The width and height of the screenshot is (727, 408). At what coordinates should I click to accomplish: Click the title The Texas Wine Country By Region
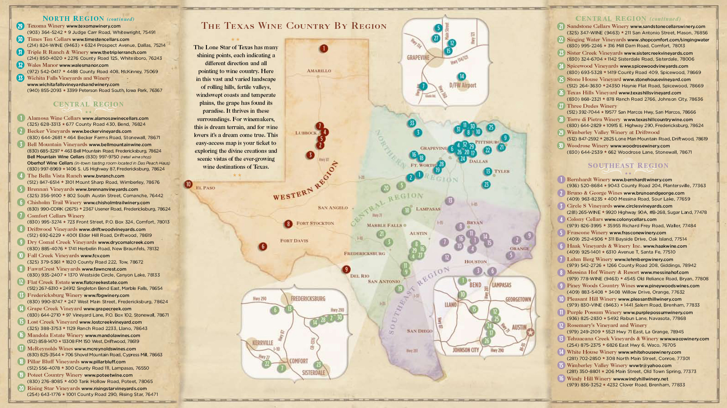294,26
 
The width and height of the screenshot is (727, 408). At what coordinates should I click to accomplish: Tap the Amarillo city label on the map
319,71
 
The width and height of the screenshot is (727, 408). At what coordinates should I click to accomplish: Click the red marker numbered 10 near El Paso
189,184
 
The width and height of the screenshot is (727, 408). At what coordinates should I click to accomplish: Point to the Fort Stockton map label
315,223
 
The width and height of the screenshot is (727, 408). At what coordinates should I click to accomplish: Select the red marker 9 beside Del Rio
346,269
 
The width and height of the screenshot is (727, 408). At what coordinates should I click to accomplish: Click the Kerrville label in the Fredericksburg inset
263,343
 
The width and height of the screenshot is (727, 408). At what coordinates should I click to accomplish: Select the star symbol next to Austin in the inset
530,332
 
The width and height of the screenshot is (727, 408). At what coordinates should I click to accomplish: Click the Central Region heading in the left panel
88,104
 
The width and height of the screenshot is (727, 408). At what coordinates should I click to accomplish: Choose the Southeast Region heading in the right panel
628,165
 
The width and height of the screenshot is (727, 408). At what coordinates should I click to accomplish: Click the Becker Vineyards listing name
49,131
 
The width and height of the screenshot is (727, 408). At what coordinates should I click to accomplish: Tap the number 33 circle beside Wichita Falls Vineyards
20,78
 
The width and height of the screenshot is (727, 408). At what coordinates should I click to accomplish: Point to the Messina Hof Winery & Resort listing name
603,272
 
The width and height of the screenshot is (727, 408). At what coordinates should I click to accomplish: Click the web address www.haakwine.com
665,246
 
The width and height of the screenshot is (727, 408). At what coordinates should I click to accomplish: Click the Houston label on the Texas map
475,262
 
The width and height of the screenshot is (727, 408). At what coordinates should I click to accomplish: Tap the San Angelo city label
332,208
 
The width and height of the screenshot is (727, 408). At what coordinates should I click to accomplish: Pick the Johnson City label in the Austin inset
466,350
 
